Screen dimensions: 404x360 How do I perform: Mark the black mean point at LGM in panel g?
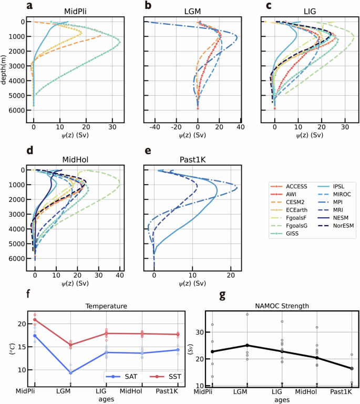coord(247,346)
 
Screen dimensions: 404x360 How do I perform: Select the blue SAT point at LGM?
coord(70,373)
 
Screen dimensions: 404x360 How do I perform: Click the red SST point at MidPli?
coord(35,320)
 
